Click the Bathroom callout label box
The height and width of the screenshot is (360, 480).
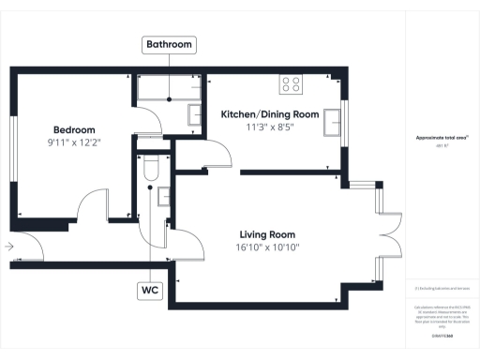pyautogui.click(x=169, y=45)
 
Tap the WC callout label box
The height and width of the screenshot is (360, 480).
pyautogui.click(x=150, y=291)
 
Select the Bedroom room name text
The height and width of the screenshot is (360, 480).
pyautogui.click(x=74, y=130)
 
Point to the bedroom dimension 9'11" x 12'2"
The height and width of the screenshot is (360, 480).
pyautogui.click(x=74, y=143)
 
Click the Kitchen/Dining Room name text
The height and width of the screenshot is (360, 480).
pyautogui.click(x=270, y=114)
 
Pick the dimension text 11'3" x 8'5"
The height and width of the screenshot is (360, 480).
pyautogui.click(x=270, y=127)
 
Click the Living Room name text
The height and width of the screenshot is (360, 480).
pyautogui.click(x=267, y=234)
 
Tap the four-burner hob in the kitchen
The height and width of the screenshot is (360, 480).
pyautogui.click(x=292, y=84)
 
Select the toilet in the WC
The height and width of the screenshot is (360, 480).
pyautogui.click(x=150, y=169)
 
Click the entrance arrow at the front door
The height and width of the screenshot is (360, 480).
pyautogui.click(x=9, y=247)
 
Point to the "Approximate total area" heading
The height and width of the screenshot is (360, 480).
pyautogui.click(x=442, y=138)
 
